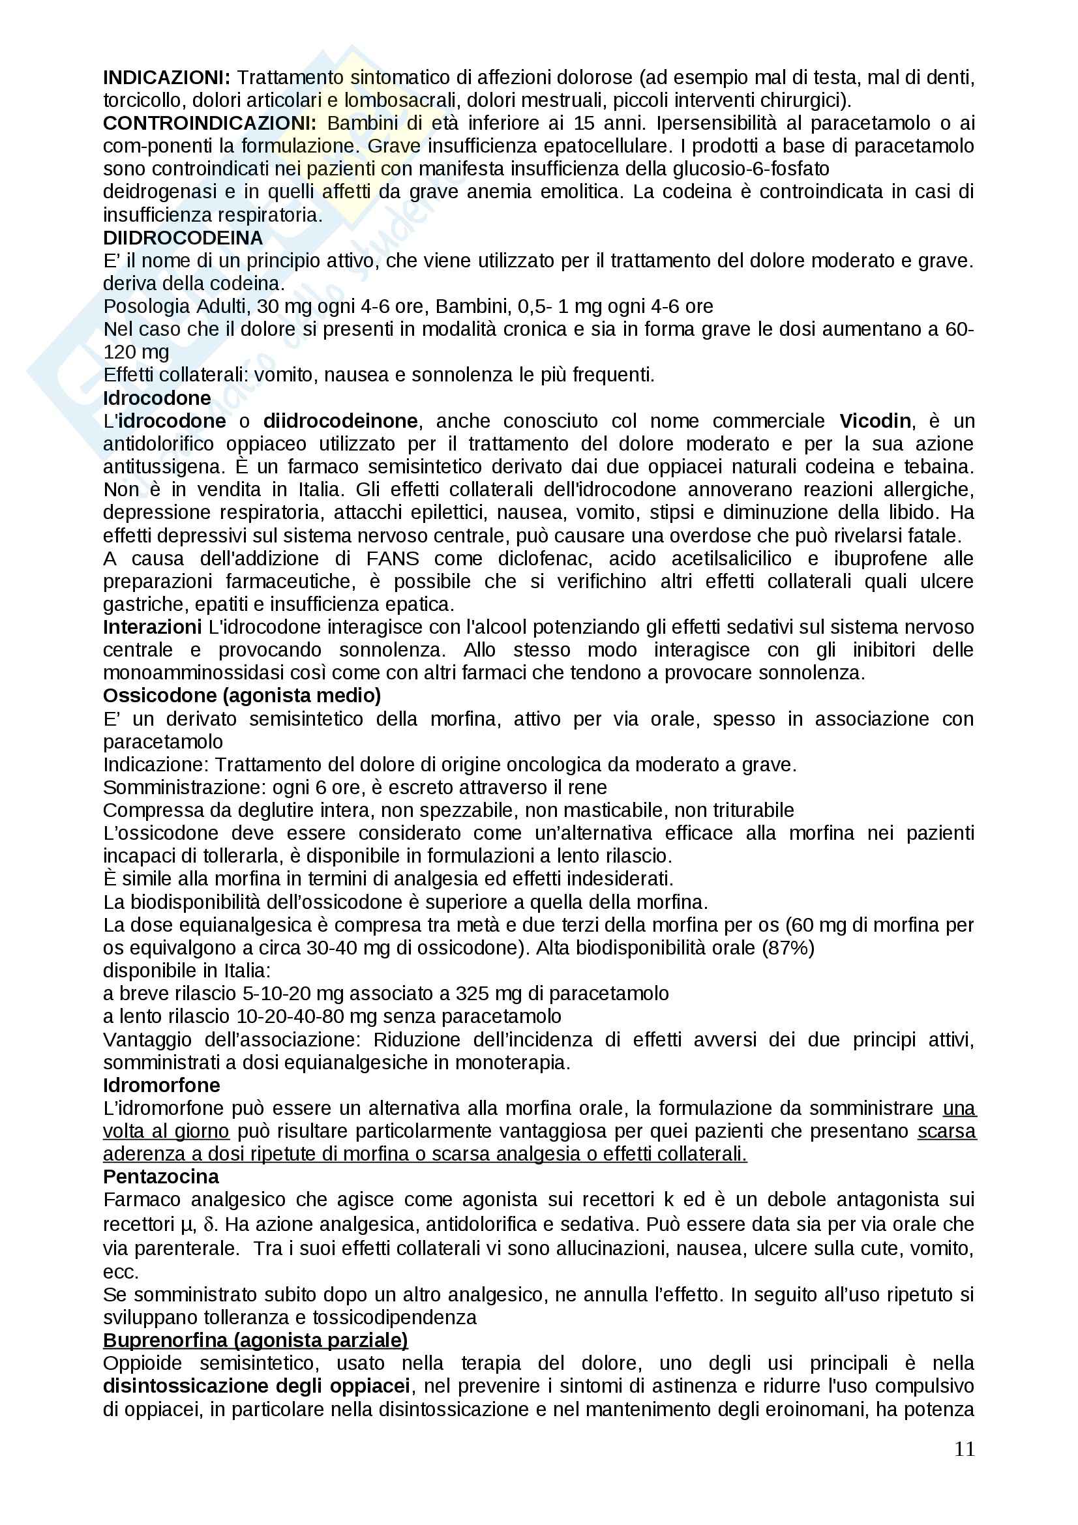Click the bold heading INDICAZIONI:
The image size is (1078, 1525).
click(166, 78)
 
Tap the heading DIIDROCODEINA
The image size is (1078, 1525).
click(183, 238)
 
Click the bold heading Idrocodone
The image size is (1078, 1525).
click(157, 398)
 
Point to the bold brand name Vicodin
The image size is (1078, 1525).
click(875, 421)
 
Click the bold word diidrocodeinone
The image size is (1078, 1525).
click(340, 421)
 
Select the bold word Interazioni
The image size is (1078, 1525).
click(152, 627)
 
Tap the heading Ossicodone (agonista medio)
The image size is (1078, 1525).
click(242, 696)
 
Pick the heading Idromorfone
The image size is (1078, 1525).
click(161, 1086)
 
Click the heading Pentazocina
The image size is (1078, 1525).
click(160, 1176)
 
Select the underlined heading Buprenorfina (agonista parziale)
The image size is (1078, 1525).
click(255, 1340)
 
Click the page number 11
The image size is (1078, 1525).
click(965, 1449)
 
